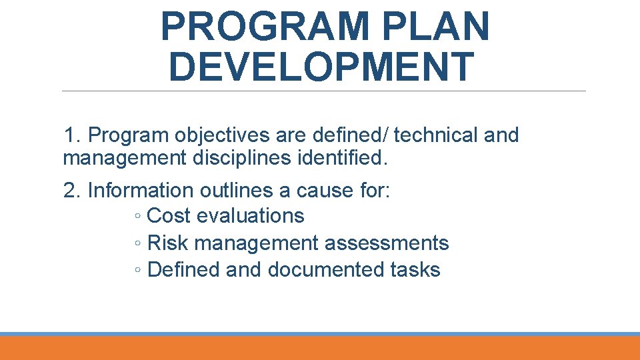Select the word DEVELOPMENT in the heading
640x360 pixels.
click(321, 67)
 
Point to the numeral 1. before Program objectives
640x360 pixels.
click(72, 135)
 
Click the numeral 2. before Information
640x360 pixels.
click(72, 191)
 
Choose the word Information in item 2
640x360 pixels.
click(142, 191)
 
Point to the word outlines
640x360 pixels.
click(238, 191)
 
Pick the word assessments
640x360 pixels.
click(387, 243)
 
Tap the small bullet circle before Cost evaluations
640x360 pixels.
click(136, 217)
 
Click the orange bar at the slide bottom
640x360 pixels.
click(320, 348)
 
